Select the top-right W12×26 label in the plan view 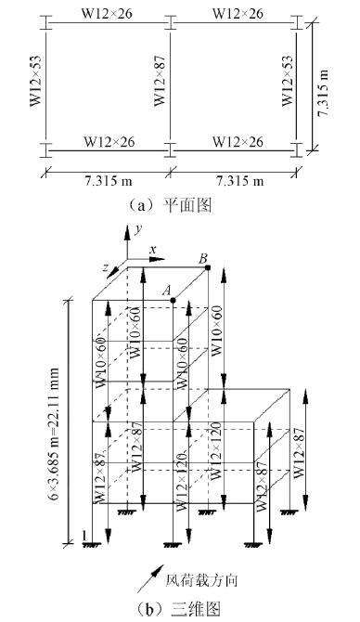[x=237, y=13]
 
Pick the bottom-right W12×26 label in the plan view [x=237, y=141]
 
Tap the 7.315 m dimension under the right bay [x=235, y=179]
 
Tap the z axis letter [x=109, y=267]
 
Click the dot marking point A [x=174, y=300]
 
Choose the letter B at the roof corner [x=203, y=256]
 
